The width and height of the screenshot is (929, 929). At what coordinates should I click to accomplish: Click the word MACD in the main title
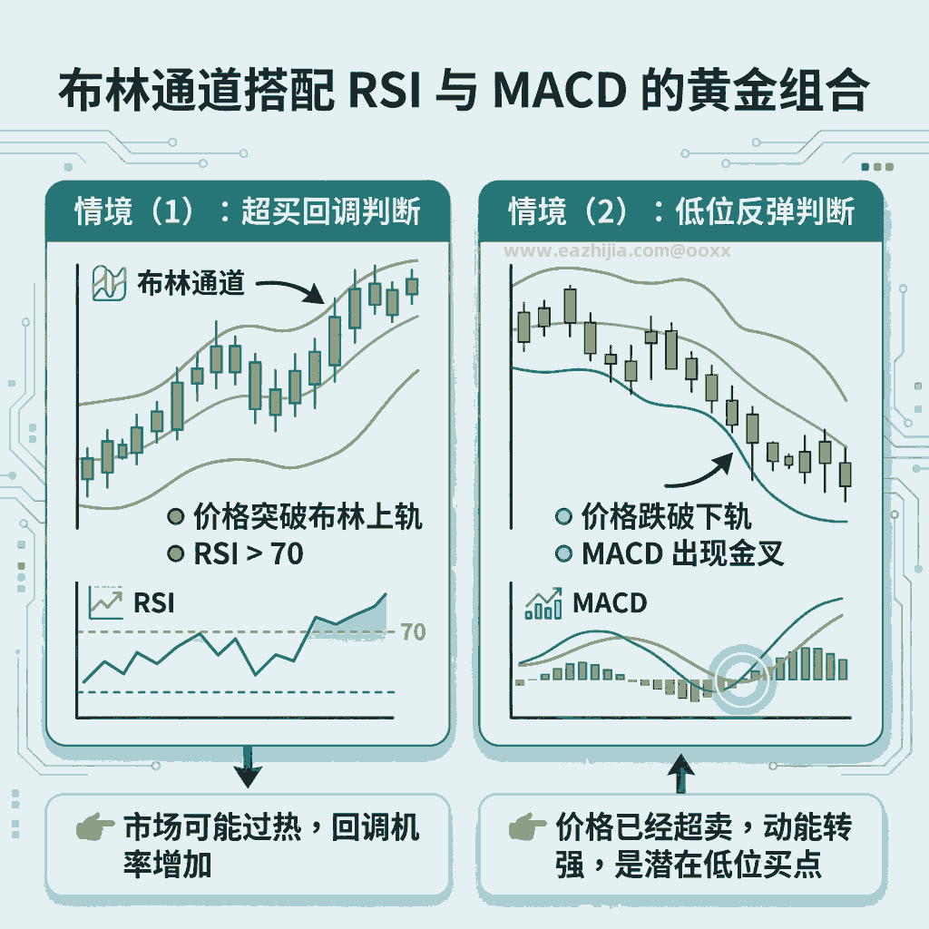[x=559, y=91]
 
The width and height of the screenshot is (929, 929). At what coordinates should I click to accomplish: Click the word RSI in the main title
[x=385, y=91]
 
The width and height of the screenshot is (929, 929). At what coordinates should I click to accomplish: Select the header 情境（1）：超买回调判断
[x=248, y=210]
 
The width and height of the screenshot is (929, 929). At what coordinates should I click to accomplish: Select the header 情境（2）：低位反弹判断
[x=681, y=210]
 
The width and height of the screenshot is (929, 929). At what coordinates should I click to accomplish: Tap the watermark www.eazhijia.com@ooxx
[x=617, y=251]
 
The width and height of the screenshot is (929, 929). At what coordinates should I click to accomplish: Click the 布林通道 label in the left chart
[x=191, y=283]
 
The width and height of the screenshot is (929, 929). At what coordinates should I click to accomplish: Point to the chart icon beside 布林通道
[x=109, y=283]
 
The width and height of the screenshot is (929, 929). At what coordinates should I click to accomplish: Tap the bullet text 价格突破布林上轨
[x=308, y=516]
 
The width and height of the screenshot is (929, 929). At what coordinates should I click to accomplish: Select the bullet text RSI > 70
[x=249, y=554]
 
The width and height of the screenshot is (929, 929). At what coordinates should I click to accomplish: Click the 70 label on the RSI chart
[x=413, y=631]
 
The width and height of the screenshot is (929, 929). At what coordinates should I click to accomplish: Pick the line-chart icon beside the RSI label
[x=106, y=602]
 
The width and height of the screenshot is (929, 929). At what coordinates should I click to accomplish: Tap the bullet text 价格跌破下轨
[x=667, y=516]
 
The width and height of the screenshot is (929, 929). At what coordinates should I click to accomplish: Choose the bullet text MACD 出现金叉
[x=682, y=554]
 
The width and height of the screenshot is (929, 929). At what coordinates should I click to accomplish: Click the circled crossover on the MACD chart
[x=742, y=679]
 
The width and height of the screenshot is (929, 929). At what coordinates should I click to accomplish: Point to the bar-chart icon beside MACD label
[x=543, y=603]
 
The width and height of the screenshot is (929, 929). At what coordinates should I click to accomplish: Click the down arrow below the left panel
[x=248, y=767]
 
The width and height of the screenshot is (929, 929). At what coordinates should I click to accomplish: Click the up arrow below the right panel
[x=680, y=773]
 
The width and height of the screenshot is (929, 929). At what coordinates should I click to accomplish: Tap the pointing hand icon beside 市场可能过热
[x=94, y=826]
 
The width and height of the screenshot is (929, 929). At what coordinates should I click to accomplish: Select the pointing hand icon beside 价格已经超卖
[x=527, y=826]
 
